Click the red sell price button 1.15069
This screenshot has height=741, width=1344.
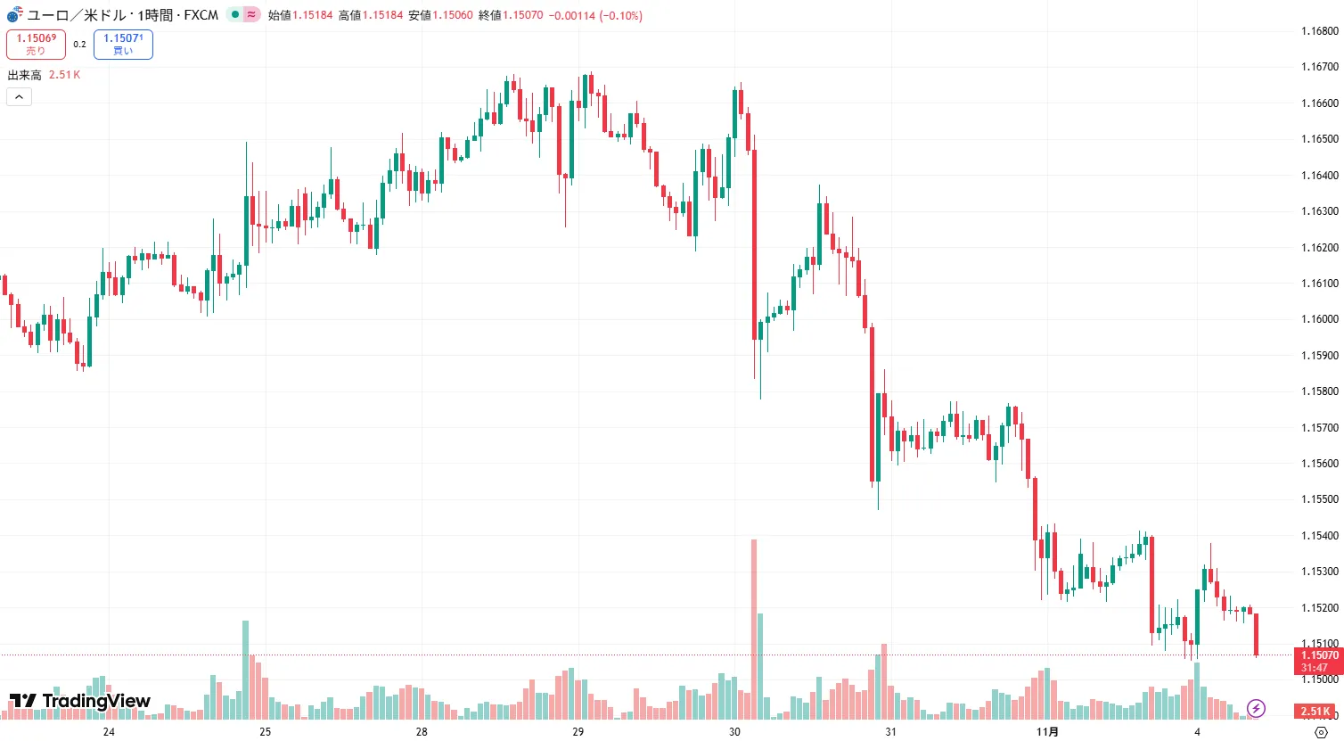coord(36,44)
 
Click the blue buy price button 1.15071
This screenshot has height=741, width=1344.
coord(123,44)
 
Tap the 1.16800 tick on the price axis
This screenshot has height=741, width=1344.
coord(1319,31)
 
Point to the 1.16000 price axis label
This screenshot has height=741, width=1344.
coord(1319,319)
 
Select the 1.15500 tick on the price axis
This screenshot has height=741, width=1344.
coord(1319,499)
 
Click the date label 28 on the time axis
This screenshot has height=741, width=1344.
coord(422,732)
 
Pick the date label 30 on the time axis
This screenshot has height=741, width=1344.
coord(734,732)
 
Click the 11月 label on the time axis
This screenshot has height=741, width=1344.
coord(1048,732)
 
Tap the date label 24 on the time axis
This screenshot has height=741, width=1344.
coord(109,732)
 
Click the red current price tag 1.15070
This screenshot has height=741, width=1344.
coord(1319,655)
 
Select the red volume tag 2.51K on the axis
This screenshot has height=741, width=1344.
coord(1315,712)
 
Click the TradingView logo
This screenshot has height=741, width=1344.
coord(80,701)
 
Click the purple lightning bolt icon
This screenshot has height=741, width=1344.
coord(1256,709)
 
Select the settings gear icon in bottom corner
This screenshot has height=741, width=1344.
coord(1321,732)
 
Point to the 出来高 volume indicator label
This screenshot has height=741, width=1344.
coord(25,75)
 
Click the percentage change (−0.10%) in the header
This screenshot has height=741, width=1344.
coord(620,15)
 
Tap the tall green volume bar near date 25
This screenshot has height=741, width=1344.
coord(246,669)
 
